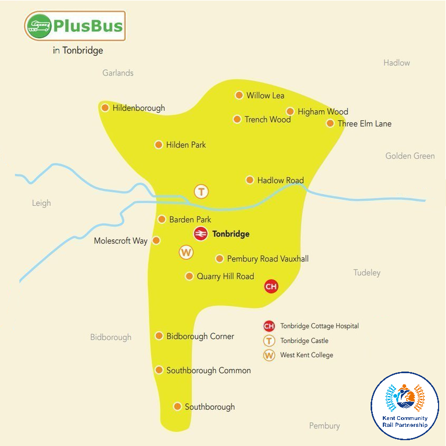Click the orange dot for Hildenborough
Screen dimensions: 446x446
pyautogui.click(x=105, y=108)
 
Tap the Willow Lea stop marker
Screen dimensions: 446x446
pyautogui.click(x=239, y=95)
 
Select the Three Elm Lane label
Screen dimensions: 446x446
pyautogui.click(x=364, y=124)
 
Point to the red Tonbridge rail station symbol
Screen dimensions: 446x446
pyautogui.click(x=201, y=234)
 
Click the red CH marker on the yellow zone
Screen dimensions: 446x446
pyautogui.click(x=271, y=287)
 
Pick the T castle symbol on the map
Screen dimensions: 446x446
pyautogui.click(x=201, y=191)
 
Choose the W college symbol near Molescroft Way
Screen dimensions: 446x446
pyautogui.click(x=186, y=253)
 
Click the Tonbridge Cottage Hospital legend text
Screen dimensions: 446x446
pyautogui.click(x=320, y=326)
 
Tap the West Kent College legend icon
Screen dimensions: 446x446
pyautogui.click(x=269, y=355)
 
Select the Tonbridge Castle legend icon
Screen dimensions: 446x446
pyautogui.click(x=269, y=341)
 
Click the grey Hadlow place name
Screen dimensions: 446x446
pyautogui.click(x=397, y=63)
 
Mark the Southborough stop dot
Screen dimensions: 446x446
pyautogui.click(x=177, y=407)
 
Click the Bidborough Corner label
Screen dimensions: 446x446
pyautogui.click(x=200, y=336)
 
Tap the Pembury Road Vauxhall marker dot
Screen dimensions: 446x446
pyautogui.click(x=219, y=259)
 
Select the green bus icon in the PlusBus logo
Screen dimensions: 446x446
pyautogui.click(x=39, y=26)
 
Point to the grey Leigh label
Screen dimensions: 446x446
pyautogui.click(x=41, y=203)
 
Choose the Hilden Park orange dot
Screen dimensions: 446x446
pyautogui.click(x=158, y=145)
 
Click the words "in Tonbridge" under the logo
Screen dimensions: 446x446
pyautogui.click(x=78, y=51)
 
